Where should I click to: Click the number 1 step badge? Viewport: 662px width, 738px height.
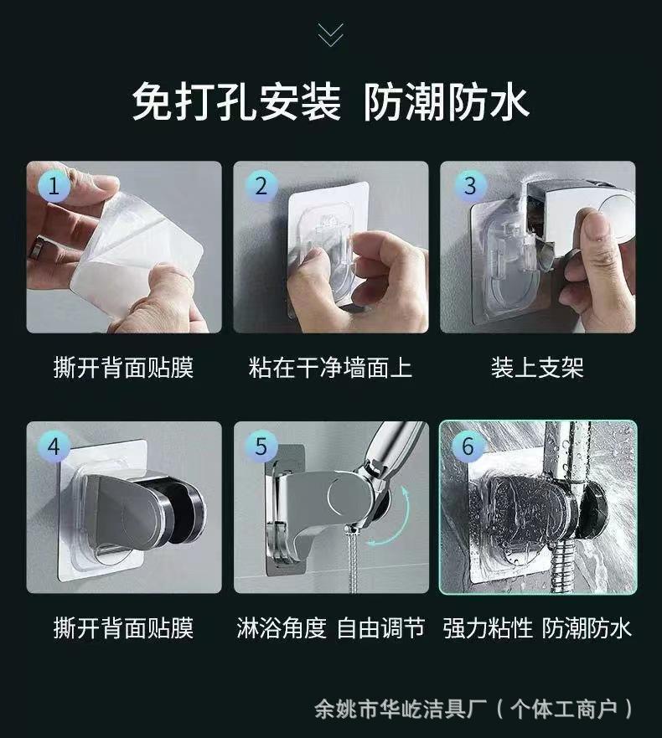(54, 186)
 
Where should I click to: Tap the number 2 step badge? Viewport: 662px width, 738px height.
(261, 186)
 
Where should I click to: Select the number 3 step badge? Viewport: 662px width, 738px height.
(469, 186)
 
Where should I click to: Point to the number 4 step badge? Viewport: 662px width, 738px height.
(54, 446)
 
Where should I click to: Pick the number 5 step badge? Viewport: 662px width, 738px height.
(261, 446)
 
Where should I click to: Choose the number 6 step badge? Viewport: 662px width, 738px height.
(468, 446)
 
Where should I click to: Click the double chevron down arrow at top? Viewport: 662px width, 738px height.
(330, 35)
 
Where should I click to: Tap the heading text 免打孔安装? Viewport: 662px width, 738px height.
(236, 101)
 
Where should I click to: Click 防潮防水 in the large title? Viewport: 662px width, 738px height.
(447, 101)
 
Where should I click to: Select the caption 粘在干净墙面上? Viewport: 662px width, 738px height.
(330, 368)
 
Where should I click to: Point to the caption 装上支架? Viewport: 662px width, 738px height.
(537, 368)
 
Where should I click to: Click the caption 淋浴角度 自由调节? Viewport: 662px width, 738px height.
(330, 628)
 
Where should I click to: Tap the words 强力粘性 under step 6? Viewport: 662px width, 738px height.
(488, 628)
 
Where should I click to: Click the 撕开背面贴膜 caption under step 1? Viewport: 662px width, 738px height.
(123, 368)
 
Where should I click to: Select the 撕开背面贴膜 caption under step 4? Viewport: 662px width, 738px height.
(123, 628)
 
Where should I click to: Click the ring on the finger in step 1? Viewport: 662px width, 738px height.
(37, 247)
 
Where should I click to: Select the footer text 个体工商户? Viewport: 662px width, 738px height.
(564, 710)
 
